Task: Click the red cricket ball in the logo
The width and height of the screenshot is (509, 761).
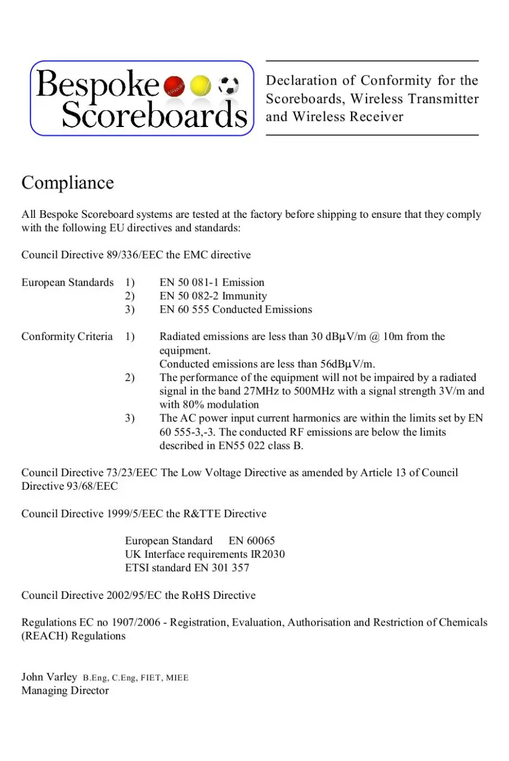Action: click(x=175, y=86)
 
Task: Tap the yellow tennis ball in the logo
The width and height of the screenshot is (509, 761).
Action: click(x=200, y=86)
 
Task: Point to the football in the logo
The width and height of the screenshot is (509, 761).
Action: click(x=228, y=85)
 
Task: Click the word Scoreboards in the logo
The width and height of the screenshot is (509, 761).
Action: click(x=154, y=115)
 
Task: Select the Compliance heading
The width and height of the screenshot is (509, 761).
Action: click(x=67, y=183)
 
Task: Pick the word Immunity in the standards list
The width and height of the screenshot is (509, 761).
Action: click(x=244, y=296)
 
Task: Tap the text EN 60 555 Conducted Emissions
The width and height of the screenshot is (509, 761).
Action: click(x=235, y=310)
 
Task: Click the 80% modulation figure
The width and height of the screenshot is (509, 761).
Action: click(x=193, y=405)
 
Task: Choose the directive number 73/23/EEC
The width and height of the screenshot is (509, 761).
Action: click(x=132, y=473)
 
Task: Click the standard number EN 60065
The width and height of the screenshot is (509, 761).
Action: click(x=251, y=541)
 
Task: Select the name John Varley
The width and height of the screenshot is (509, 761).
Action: click(x=49, y=677)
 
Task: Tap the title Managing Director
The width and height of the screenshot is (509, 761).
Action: click(x=65, y=691)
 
